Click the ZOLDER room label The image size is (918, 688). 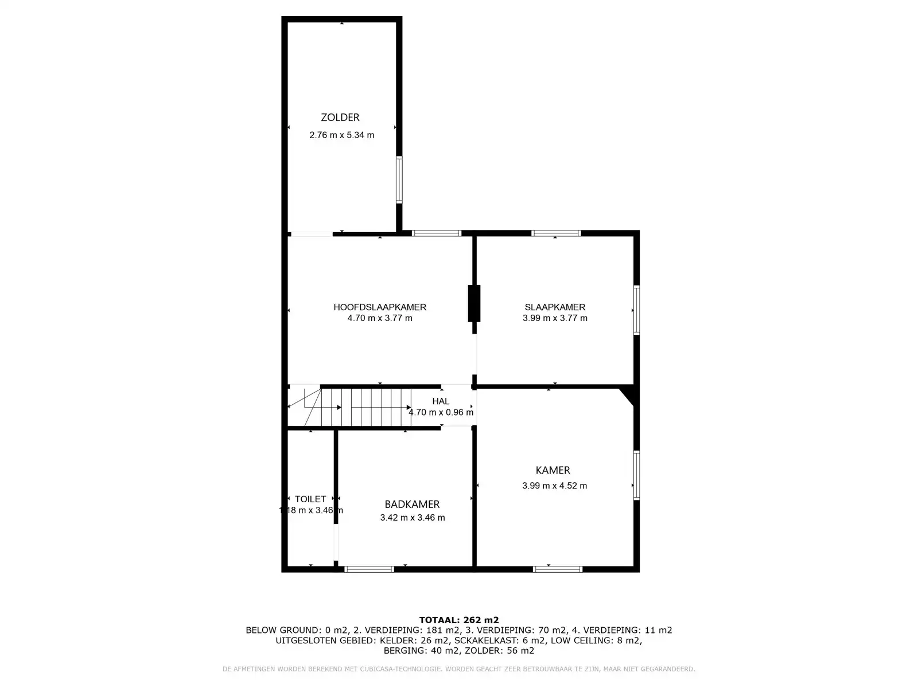coord(340,118)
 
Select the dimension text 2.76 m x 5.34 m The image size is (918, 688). coord(341,135)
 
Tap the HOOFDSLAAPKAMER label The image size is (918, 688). coord(380,307)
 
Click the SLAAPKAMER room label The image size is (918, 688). coord(555,307)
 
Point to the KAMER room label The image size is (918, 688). coord(553,470)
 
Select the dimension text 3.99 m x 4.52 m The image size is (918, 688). coord(554,486)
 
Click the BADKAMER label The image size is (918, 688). coord(412,505)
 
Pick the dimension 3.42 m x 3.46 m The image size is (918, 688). coord(412,518)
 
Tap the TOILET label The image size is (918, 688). coord(310,499)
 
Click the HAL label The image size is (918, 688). coord(441,401)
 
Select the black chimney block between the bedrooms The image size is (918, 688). coord(474,303)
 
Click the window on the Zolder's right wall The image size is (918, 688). coord(399,179)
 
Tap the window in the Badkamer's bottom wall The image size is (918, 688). coord(369,569)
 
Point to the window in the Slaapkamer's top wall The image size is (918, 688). coord(556,233)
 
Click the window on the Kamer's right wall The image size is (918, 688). coord(636,475)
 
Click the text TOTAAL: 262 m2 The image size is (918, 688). coord(459,620)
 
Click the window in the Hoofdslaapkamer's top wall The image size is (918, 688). coord(437,233)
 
